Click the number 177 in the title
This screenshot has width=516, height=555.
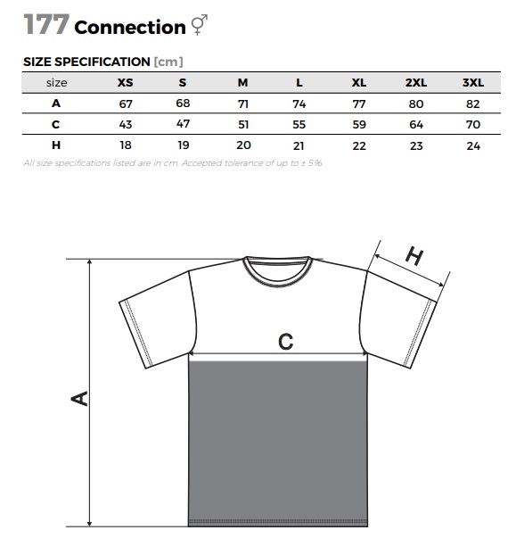(46, 24)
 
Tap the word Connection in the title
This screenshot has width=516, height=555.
(130, 28)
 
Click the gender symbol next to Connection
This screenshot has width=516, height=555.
(200, 24)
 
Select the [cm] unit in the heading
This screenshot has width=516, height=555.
(168, 62)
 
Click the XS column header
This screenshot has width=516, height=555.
(125, 82)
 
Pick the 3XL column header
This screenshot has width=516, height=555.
(473, 82)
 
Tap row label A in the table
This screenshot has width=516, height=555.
(56, 104)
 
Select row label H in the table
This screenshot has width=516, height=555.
(56, 145)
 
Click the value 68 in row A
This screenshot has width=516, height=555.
(183, 104)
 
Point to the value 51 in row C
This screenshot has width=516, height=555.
(243, 124)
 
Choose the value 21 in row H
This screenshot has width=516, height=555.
(299, 145)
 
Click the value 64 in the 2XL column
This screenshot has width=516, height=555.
(416, 124)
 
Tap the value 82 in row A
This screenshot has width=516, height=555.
(473, 104)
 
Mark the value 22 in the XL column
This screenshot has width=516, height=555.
(359, 145)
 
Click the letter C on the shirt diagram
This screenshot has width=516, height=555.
(285, 342)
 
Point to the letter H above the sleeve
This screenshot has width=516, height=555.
(414, 255)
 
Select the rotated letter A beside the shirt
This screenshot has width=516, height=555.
(79, 398)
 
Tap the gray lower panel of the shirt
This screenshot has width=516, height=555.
(278, 443)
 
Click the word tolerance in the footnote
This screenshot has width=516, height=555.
(244, 163)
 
